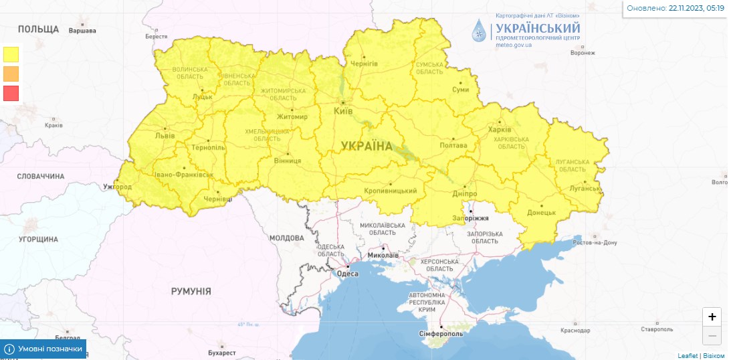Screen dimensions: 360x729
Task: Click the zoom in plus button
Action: pos(712,317)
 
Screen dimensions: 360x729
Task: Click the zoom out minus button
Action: pos(712,335)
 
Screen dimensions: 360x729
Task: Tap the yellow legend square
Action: pos(11,54)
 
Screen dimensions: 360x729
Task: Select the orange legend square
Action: pos(11,74)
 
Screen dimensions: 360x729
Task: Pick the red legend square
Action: pos(11,93)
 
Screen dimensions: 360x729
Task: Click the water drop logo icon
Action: pos(480,30)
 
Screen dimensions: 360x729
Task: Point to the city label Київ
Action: pos(342,110)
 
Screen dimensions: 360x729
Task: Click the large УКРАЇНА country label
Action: pos(367,146)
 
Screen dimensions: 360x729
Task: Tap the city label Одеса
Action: pos(347,273)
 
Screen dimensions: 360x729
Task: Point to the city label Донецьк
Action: pos(542,212)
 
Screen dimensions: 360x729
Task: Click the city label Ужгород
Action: pos(117,186)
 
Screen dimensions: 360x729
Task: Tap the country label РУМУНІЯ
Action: pos(191,291)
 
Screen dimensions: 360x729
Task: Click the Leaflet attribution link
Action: pos(687,355)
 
